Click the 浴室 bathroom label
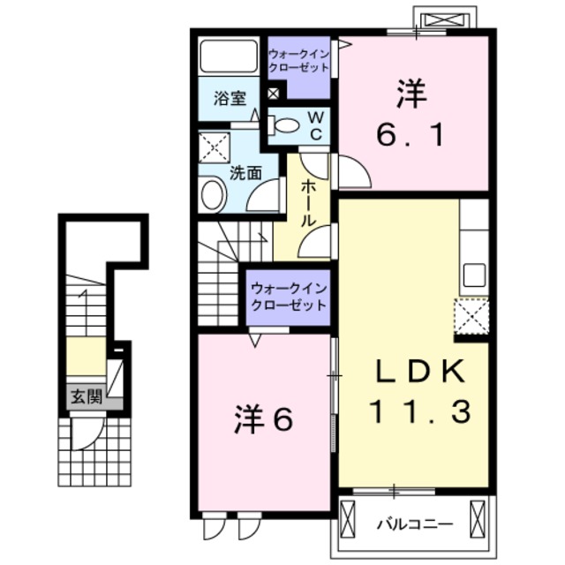click(230, 98)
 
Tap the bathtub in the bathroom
click(229, 56)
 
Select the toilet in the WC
click(283, 125)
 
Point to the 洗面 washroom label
click(245, 174)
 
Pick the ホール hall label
click(308, 203)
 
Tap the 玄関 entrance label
click(87, 396)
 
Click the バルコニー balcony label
click(414, 524)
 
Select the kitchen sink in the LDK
click(474, 275)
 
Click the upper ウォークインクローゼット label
click(298, 61)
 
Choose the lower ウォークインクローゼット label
click(289, 297)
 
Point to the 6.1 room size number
click(410, 134)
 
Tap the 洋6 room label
click(263, 420)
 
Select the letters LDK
click(420, 371)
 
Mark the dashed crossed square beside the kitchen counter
click(471, 316)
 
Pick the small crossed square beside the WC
click(273, 94)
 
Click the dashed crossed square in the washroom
click(215, 147)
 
